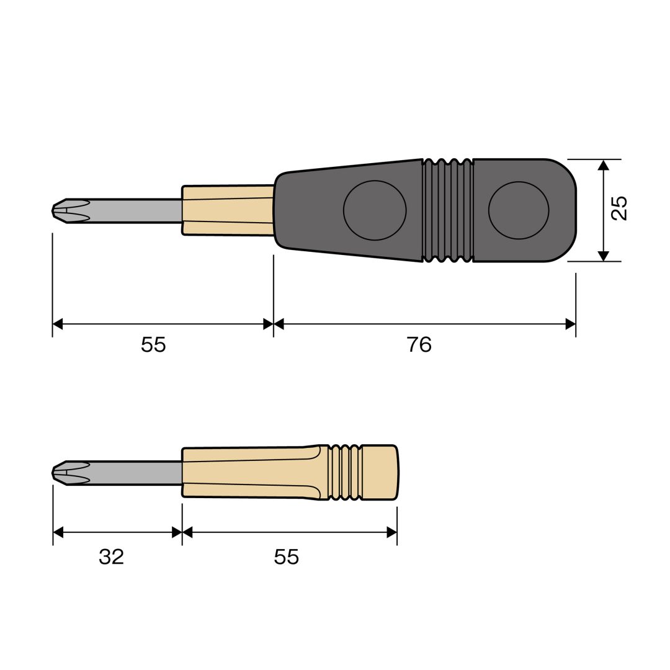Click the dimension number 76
point(419,344)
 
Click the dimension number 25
point(619,208)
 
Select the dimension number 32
point(111,556)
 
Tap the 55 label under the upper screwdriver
point(153,344)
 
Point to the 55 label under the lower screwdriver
point(286,556)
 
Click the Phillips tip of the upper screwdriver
point(71,211)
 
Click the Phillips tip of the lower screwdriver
point(71,473)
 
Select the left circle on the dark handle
point(375,210)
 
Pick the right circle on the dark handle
point(519,210)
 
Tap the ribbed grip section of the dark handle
point(448,210)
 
